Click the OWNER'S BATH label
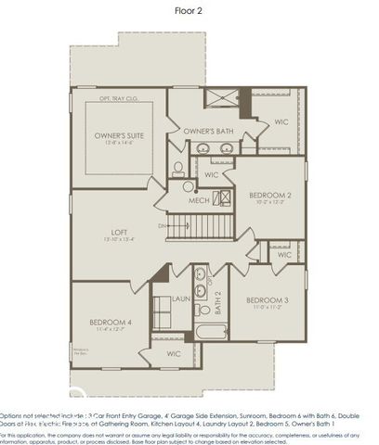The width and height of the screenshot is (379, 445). click(208, 132)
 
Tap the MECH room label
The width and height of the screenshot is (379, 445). click(199, 200)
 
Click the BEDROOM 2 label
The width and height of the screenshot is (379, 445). click(270, 195)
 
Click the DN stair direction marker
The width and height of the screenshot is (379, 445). click(162, 225)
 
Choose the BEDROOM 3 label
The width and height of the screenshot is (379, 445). click(268, 300)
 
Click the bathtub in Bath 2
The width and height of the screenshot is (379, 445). click(209, 335)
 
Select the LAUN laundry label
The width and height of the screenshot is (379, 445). click(182, 299)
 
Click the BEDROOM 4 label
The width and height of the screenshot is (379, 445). click(112, 322)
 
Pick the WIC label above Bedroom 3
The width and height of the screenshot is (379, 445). click(284, 255)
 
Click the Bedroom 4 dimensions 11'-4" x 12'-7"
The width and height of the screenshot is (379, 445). click(112, 330)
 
